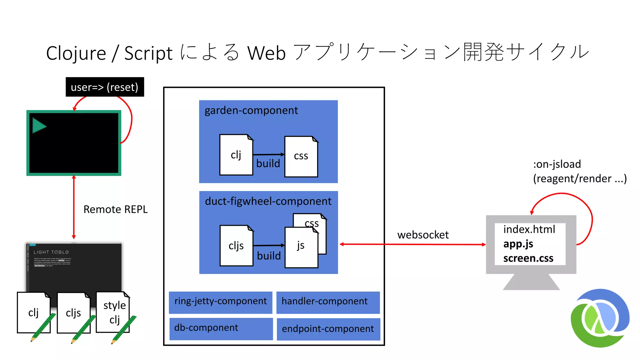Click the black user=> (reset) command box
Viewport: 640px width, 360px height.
(x=105, y=87)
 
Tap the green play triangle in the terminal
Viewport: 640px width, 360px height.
(x=39, y=126)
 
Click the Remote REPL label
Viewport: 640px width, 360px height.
(x=115, y=209)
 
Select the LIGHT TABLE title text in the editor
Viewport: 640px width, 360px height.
(x=51, y=252)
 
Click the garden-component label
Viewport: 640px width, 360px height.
(x=251, y=110)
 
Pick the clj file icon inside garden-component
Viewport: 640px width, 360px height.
(x=236, y=155)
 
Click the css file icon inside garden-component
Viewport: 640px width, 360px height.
(x=301, y=156)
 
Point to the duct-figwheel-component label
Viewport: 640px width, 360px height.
(x=268, y=201)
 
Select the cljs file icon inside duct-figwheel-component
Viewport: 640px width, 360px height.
(x=236, y=246)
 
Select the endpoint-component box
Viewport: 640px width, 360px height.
(x=328, y=329)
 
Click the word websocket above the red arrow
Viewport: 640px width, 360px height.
(x=423, y=235)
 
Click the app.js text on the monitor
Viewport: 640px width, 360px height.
(x=518, y=244)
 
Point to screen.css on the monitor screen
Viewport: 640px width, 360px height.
(x=528, y=258)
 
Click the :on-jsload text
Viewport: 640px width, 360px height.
(x=557, y=164)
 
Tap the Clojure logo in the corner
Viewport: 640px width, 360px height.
(x=600, y=318)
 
